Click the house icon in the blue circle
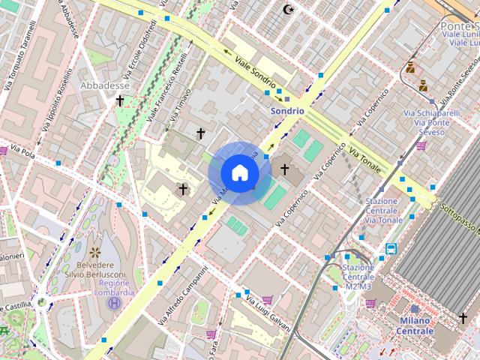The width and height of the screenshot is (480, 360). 239,172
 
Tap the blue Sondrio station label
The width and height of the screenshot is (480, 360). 287,110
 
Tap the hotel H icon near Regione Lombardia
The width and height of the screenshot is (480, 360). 113,303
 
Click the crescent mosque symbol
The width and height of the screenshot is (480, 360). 287,10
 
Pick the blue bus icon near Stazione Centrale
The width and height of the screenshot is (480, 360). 391,248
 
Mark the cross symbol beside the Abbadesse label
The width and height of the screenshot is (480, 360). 119,100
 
